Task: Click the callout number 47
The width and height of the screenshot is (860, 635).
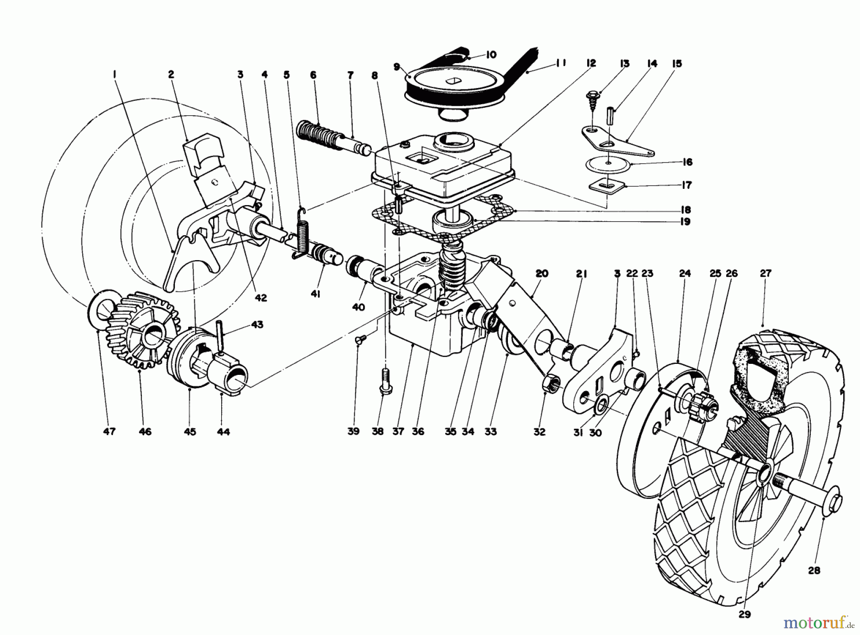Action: (109, 431)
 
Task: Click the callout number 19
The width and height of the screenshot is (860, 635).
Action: (686, 222)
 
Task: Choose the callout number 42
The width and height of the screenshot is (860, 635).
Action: (260, 297)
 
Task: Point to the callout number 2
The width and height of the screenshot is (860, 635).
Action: (171, 74)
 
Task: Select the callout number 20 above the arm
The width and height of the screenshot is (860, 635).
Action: (542, 274)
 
